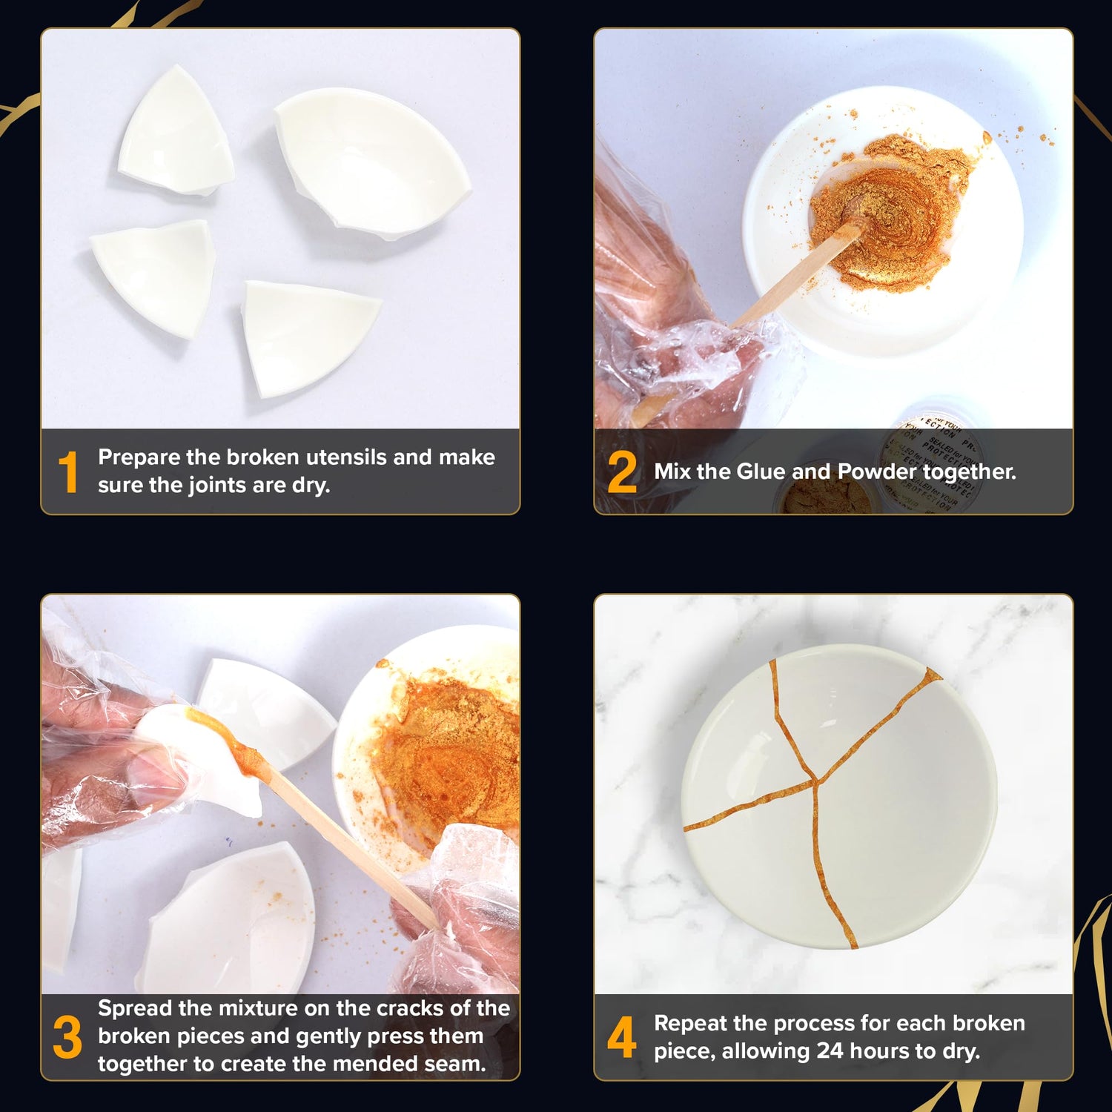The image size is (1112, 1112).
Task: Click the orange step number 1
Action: [67, 472]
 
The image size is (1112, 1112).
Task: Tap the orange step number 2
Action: [621, 472]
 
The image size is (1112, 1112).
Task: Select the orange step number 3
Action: [67, 1037]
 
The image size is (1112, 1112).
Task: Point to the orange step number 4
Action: [621, 1037]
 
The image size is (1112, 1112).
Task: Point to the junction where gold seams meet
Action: [815, 780]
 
